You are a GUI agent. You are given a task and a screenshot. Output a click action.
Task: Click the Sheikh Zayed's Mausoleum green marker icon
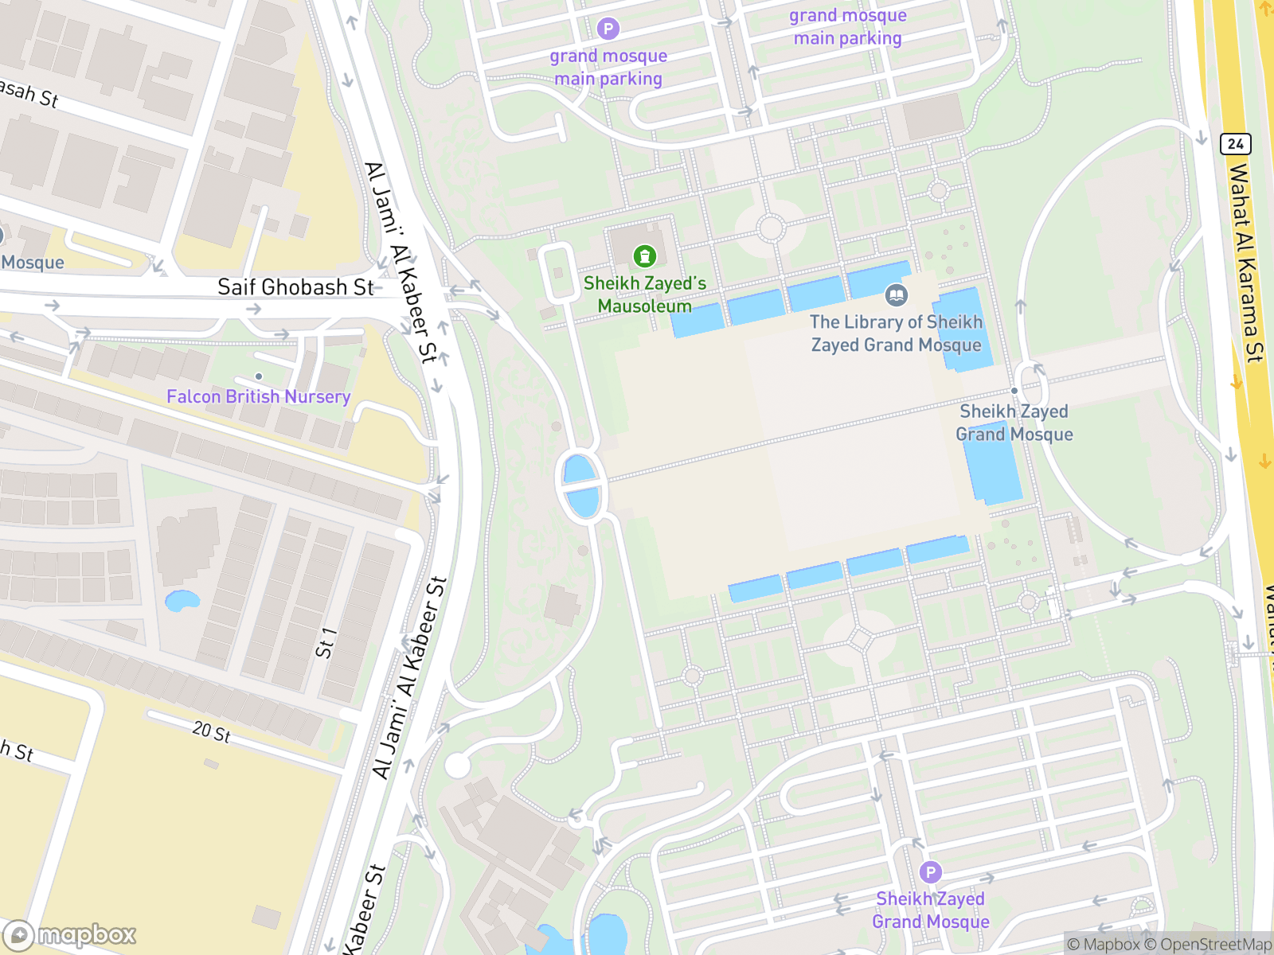(x=644, y=256)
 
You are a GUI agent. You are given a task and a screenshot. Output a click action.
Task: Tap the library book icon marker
(x=896, y=295)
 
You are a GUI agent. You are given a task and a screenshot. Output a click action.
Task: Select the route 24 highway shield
(x=1235, y=144)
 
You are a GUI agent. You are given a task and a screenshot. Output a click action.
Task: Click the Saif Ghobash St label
(x=295, y=287)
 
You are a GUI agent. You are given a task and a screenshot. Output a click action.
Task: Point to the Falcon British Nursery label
(x=258, y=396)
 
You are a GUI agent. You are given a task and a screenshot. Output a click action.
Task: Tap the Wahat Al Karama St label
(x=1245, y=263)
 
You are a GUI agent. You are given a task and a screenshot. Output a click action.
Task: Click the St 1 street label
(x=326, y=643)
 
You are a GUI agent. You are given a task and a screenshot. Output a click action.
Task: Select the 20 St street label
(x=211, y=731)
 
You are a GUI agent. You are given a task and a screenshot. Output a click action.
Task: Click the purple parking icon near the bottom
(x=930, y=872)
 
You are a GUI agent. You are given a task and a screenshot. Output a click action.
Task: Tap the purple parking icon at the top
(x=608, y=29)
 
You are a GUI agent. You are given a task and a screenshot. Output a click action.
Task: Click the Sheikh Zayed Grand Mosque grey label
(x=1014, y=423)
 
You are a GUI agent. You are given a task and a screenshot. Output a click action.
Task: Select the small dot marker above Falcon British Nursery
(x=259, y=376)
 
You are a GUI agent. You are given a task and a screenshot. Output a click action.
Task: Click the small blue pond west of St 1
(x=182, y=601)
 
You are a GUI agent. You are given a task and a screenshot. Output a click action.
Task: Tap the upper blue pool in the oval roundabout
(x=579, y=469)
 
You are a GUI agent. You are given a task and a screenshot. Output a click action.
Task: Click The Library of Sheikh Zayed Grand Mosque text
(x=896, y=333)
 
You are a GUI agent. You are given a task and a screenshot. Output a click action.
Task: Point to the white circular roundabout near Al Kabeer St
(x=457, y=766)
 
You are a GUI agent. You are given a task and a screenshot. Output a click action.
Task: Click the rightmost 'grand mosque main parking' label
(x=847, y=26)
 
